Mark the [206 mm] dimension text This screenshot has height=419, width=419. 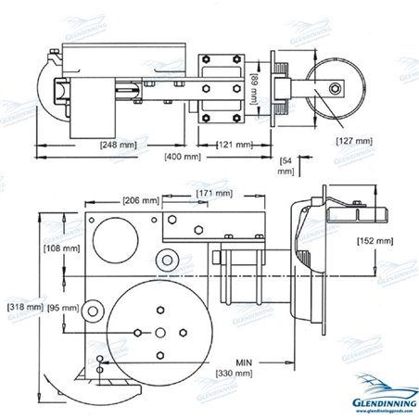142,200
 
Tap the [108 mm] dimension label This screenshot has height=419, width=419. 59,248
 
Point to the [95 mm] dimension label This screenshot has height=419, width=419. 63,307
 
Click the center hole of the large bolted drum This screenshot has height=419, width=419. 159,332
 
